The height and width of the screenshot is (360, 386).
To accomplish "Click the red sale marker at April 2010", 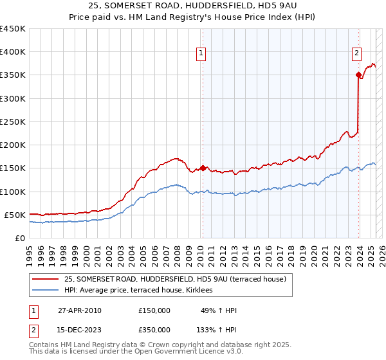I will click(203, 168).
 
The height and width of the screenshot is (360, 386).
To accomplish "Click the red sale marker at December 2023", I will click(358, 75).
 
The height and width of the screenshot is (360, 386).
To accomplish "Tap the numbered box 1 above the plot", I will click(201, 54).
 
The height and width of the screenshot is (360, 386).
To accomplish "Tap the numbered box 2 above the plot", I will click(356, 54).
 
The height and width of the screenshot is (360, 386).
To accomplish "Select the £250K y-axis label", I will click(13, 122).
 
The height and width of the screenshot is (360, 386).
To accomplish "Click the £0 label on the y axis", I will click(19, 238).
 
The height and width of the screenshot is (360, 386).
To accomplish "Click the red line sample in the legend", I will click(46, 279).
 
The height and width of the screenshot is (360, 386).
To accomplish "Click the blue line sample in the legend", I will click(46, 291).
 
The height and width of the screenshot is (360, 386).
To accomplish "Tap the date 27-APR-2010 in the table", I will click(80, 310).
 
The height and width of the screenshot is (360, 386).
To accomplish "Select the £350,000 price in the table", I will click(154, 329).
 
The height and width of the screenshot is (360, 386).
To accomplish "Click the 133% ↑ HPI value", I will click(217, 329).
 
